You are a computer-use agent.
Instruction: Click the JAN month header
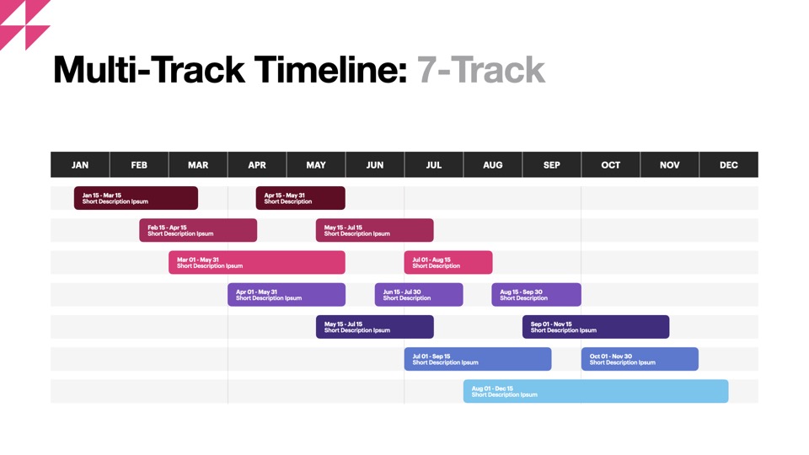(80, 164)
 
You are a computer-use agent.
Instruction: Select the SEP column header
(551, 164)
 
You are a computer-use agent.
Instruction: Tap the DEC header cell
(728, 164)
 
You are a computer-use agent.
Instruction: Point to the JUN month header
(374, 164)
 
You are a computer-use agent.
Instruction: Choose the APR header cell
(257, 164)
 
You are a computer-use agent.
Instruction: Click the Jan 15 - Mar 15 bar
(136, 198)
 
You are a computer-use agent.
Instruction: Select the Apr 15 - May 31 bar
(300, 198)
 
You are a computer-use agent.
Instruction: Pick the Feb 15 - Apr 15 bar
(198, 230)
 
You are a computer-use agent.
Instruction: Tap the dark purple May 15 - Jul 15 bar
(374, 327)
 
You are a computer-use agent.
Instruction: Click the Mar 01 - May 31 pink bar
(257, 263)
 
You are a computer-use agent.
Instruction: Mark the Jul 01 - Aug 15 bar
(448, 263)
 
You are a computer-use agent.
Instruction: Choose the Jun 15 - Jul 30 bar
(419, 295)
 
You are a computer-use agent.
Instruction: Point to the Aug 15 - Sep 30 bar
(537, 295)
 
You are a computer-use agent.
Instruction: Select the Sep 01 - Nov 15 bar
(596, 327)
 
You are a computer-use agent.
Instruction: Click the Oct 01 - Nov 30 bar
(640, 359)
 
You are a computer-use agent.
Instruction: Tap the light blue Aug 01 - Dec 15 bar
(596, 391)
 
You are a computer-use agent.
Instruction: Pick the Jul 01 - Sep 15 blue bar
(478, 359)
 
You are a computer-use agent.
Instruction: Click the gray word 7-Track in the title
(481, 70)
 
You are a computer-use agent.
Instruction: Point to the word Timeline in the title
(330, 70)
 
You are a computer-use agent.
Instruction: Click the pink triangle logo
(24, 24)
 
